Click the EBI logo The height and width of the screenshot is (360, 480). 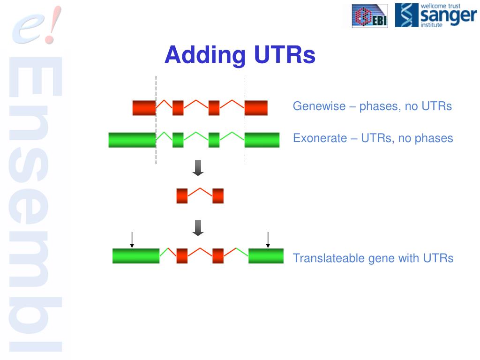370,16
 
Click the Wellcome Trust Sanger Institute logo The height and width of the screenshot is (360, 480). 435,15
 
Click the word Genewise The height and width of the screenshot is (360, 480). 318,106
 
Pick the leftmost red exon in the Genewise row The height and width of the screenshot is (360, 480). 144,108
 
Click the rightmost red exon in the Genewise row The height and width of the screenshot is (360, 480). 256,108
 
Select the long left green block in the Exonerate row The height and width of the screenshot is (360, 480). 132,140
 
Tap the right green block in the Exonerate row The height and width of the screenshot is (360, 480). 262,140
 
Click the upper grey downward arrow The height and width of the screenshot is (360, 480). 198,167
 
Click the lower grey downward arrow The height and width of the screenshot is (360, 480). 198,227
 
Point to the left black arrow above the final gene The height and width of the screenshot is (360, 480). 132,240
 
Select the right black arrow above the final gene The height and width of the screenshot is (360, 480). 268,240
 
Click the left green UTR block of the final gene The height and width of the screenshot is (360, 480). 136,256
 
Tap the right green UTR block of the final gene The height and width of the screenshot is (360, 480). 266,256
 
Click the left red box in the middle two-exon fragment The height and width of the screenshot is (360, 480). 182,196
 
